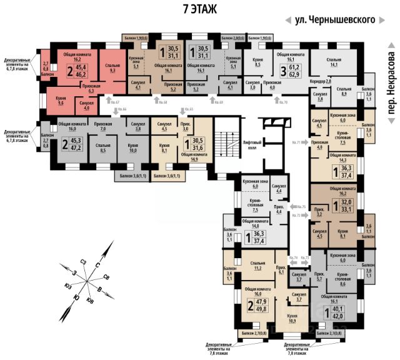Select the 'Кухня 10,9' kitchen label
[291, 319]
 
